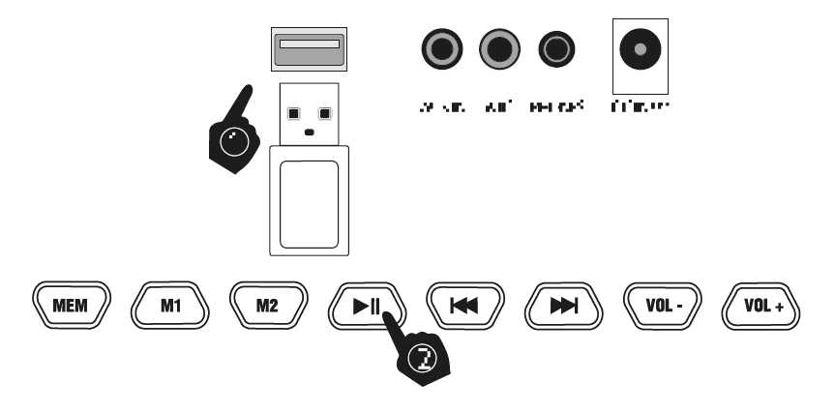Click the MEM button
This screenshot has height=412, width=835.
tap(71, 307)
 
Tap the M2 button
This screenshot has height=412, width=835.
tap(266, 307)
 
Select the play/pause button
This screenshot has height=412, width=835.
tap(367, 307)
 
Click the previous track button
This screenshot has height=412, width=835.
tap(465, 307)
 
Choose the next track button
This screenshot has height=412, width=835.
tap(564, 307)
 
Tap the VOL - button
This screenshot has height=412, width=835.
tap(663, 307)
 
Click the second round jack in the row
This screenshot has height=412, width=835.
tap(500, 47)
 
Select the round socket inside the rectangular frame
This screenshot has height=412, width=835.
tap(640, 47)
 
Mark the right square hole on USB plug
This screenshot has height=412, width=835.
tap(325, 112)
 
